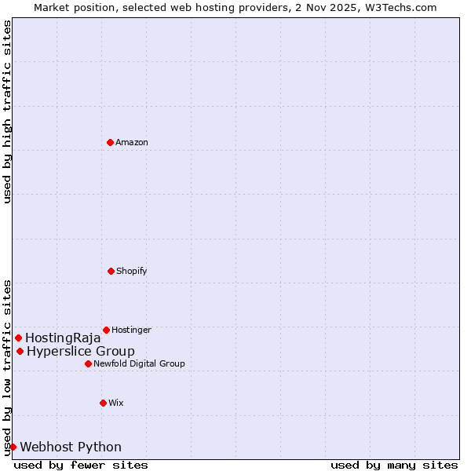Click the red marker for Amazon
coord(110,142)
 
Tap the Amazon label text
coord(132,142)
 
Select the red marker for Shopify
coord(111,271)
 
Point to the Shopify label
coord(132,271)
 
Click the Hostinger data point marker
coord(106,330)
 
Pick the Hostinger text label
coord(131,330)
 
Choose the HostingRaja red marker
coord(18,338)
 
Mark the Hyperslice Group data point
coord(20,351)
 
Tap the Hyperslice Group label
coord(81,351)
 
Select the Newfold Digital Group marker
coord(88,363)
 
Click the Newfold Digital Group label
coord(139,363)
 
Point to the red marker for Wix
coord(103,403)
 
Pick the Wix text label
coord(116,403)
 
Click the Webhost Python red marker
coord(13,447)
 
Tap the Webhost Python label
coord(71,447)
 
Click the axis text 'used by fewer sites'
coord(81,465)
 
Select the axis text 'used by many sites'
coord(394,465)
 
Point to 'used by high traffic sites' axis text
coord(7,112)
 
